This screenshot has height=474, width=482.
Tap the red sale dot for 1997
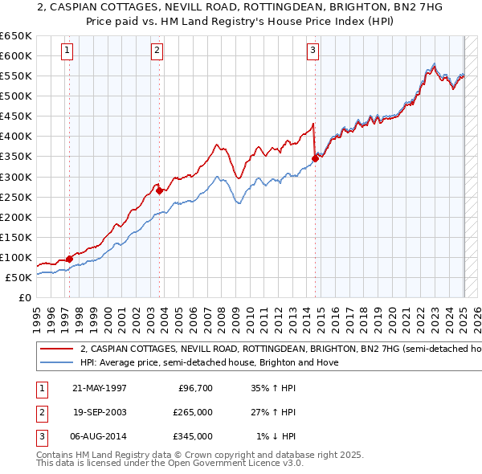click(x=70, y=259)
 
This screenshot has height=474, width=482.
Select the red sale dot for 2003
click(x=160, y=190)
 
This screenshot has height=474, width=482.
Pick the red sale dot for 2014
click(x=315, y=158)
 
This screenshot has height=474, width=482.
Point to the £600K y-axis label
click(x=16, y=56)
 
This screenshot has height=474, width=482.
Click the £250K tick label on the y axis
click(x=16, y=197)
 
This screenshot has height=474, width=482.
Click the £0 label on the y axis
click(x=24, y=297)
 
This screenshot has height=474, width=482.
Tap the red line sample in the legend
click(x=55, y=349)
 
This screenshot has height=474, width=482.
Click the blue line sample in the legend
click(x=55, y=362)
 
